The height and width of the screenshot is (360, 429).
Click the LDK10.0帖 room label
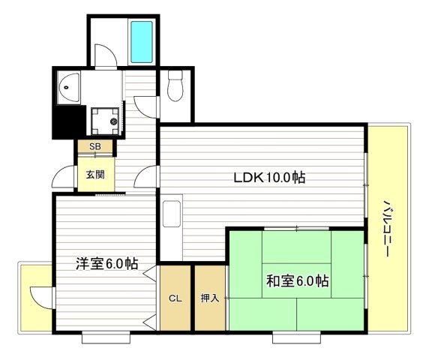tap(268, 178)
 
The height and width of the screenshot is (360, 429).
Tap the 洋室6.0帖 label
tap(106, 263)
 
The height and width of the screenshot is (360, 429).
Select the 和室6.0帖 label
tap(297, 280)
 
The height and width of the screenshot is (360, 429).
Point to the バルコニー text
tap(387, 229)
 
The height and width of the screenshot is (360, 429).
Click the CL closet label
tap(175, 298)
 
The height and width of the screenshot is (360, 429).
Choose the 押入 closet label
tap(210, 298)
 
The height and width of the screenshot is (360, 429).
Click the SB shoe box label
tap(95, 147)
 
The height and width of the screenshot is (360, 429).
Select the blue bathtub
tap(141, 41)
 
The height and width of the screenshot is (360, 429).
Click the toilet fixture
tap(175, 86)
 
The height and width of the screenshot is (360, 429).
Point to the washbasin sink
tap(68, 88)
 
